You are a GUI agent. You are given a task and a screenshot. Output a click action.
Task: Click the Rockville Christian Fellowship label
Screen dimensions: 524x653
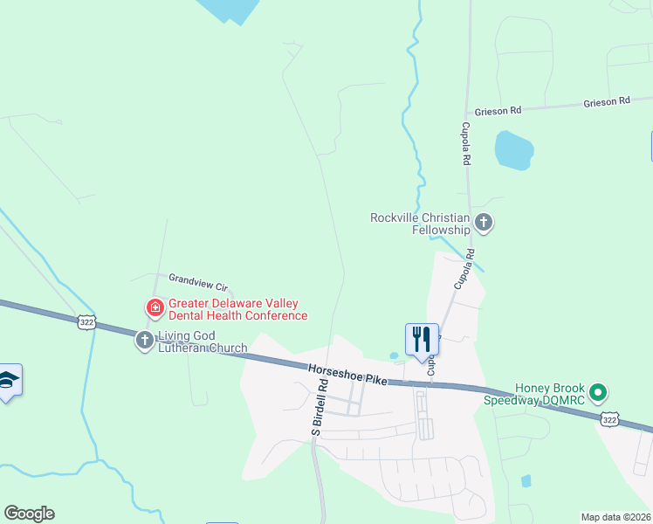pos(420,224)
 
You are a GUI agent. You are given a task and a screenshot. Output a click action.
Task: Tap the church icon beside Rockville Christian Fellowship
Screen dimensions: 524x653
pos(484,224)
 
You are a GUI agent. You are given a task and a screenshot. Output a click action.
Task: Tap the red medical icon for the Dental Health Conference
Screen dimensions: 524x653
pos(155,307)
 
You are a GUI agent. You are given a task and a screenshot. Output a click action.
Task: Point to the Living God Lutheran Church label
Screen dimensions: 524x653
pos(203,342)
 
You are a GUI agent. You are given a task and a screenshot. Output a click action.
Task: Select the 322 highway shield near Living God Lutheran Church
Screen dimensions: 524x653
pos(85,321)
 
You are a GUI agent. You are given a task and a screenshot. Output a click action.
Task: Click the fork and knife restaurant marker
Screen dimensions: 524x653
pos(422,339)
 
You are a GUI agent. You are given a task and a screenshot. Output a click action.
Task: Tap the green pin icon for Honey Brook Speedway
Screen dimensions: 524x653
pos(598,392)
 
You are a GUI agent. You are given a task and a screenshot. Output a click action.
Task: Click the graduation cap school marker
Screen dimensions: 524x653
pos(8,380)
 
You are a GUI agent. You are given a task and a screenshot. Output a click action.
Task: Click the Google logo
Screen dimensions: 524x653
pos(29,514)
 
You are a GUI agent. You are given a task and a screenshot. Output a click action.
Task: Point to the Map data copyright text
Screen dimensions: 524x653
pos(615,517)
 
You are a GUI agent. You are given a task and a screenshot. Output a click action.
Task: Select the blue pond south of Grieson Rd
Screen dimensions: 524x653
pos(513,150)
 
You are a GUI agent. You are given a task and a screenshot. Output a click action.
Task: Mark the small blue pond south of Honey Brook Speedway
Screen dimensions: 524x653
pos(526,480)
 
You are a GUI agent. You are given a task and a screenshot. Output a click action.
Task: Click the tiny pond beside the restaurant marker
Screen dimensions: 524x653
pos(394,355)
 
